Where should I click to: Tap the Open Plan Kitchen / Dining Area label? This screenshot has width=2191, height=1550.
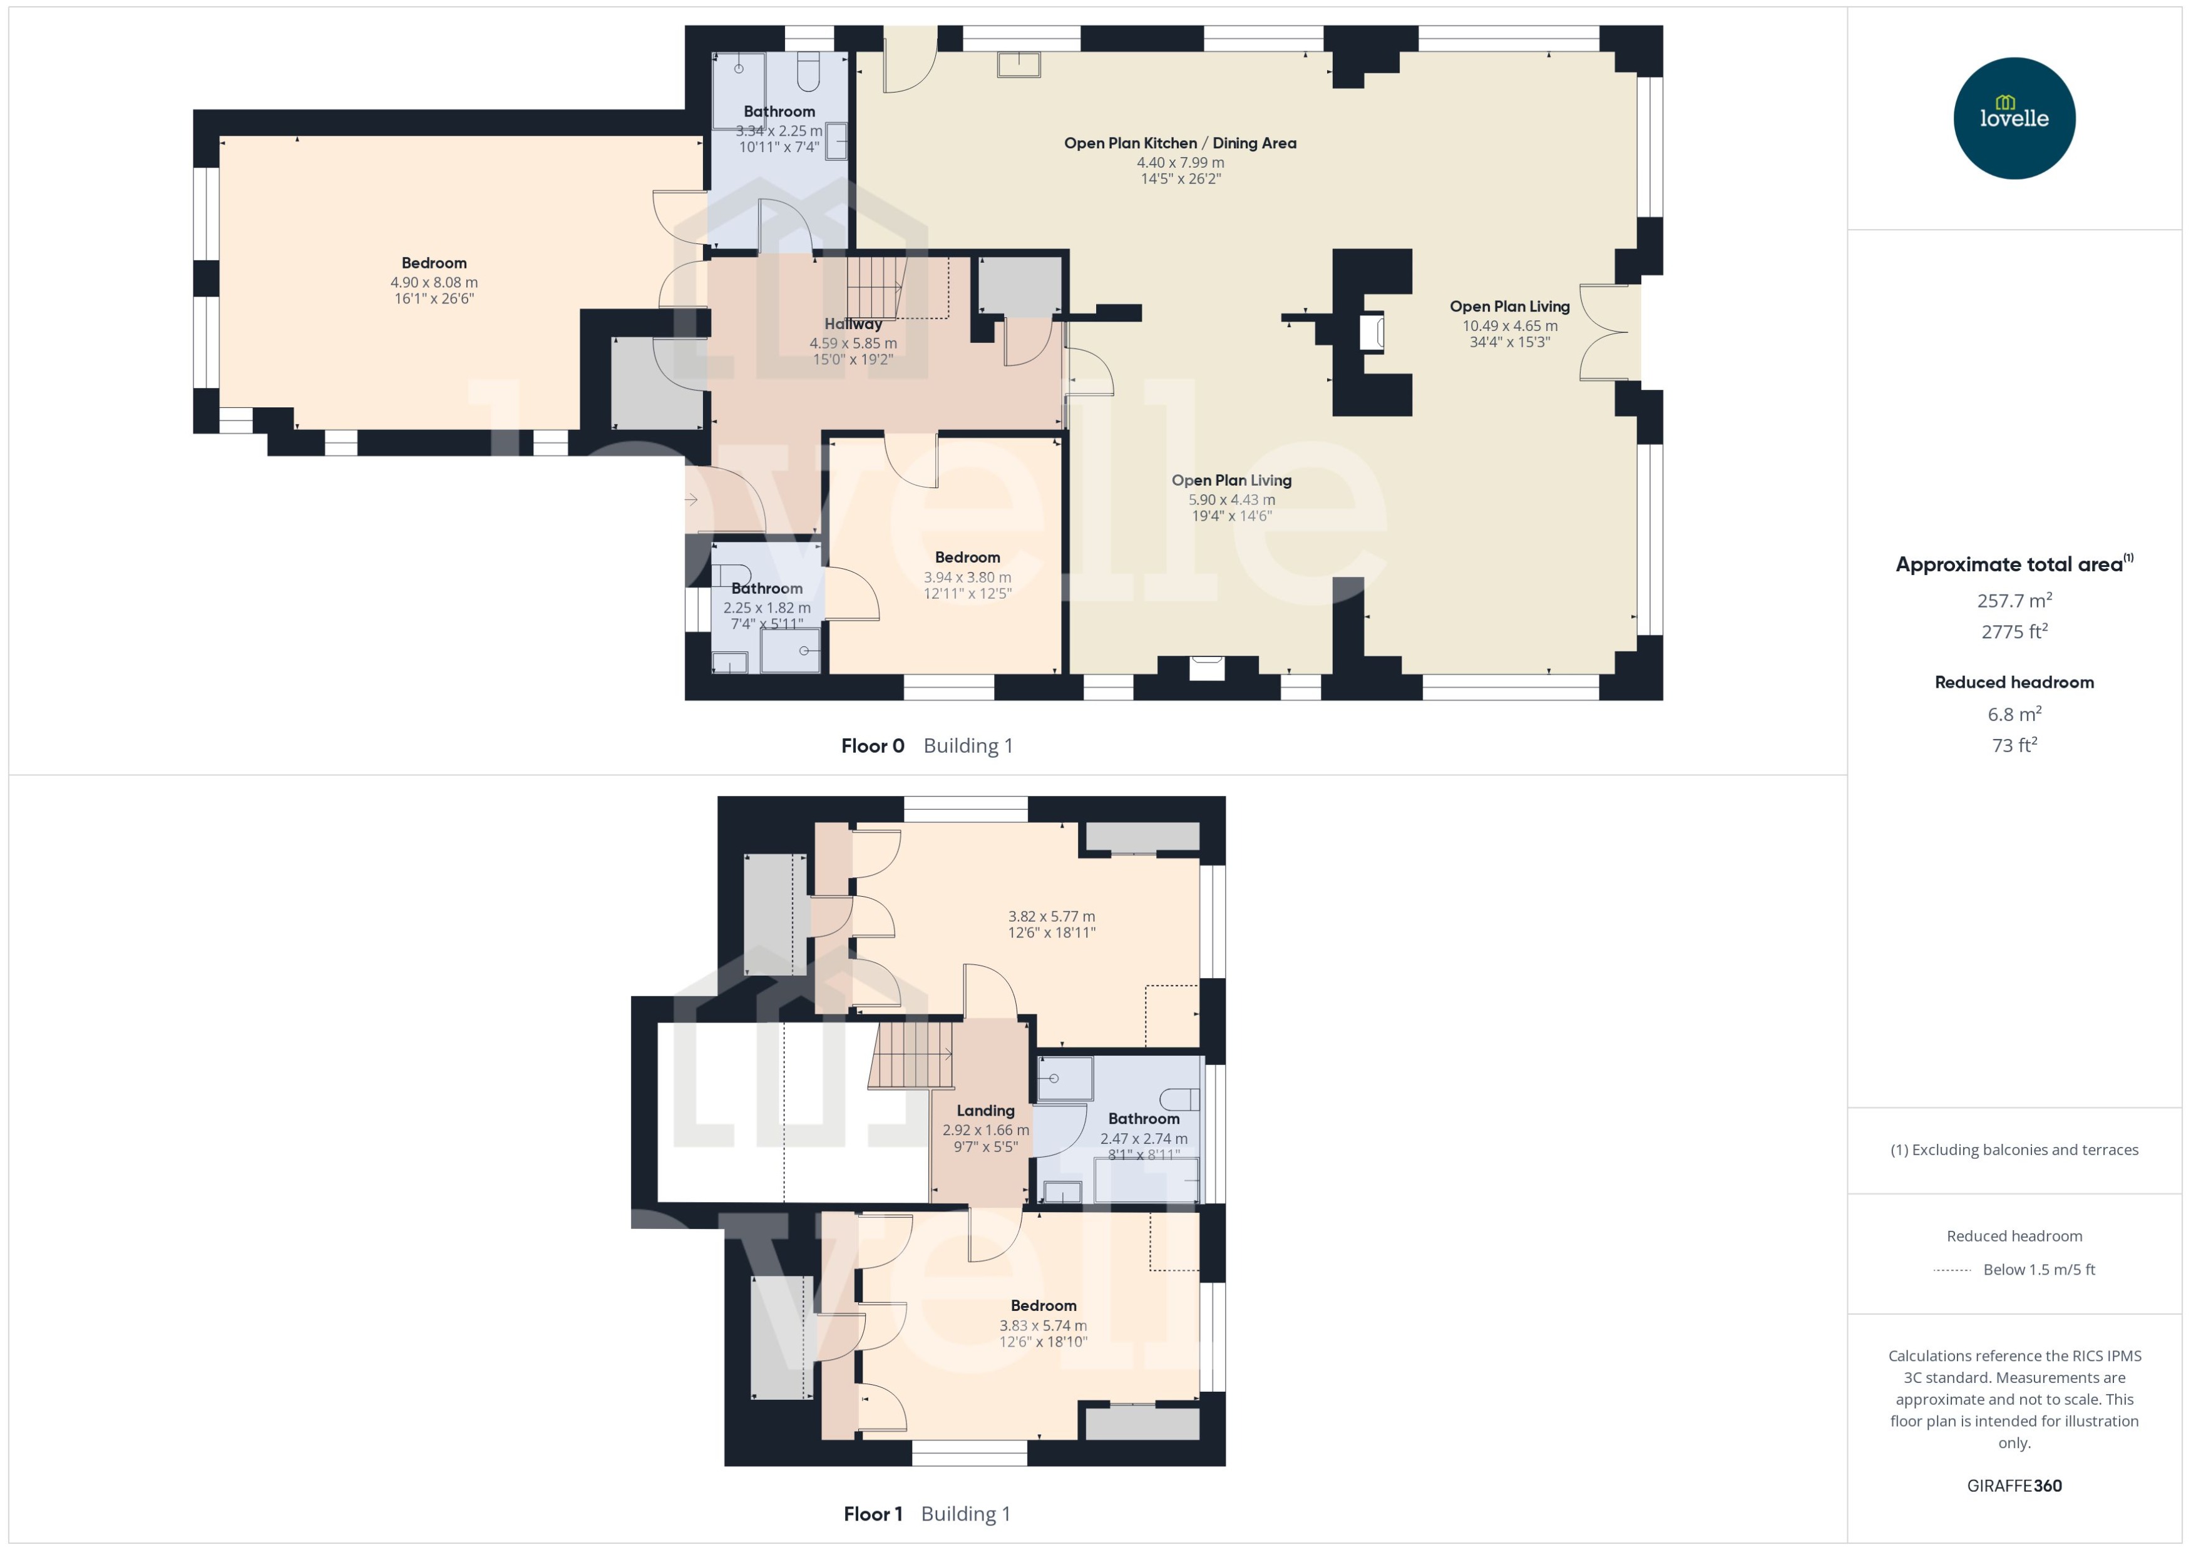(1180, 143)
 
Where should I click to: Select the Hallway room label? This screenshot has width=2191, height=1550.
(853, 324)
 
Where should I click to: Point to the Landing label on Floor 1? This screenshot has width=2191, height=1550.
(985, 1110)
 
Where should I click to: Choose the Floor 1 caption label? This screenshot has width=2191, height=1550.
(871, 1513)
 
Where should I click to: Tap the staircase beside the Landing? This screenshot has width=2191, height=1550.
(911, 1054)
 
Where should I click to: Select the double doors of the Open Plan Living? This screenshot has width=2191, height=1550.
(1606, 332)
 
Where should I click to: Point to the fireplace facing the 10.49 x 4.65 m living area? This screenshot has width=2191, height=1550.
(1373, 332)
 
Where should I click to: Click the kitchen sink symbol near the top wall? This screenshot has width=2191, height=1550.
(1019, 64)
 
